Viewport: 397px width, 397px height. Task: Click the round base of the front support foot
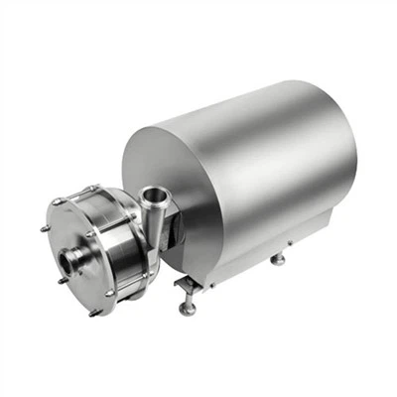(x=187, y=310)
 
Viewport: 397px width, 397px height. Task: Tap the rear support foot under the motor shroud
(x=279, y=260)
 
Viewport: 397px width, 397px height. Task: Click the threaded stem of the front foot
(x=188, y=298)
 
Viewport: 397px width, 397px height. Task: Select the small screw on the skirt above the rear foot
(x=288, y=241)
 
